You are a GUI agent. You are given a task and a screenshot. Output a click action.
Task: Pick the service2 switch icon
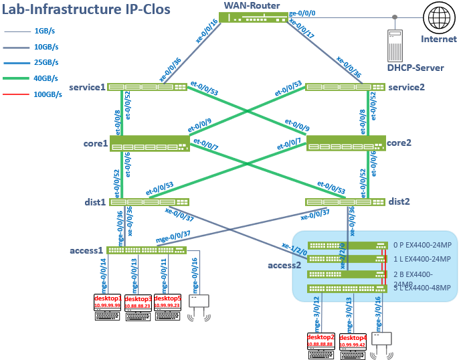(345, 87)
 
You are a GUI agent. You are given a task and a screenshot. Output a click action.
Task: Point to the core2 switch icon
(346, 143)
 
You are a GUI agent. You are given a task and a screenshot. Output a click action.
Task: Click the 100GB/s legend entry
(47, 94)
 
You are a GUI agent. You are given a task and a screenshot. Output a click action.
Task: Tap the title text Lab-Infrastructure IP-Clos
(86, 10)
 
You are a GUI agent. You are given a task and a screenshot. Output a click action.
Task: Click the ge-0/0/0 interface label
(302, 13)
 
